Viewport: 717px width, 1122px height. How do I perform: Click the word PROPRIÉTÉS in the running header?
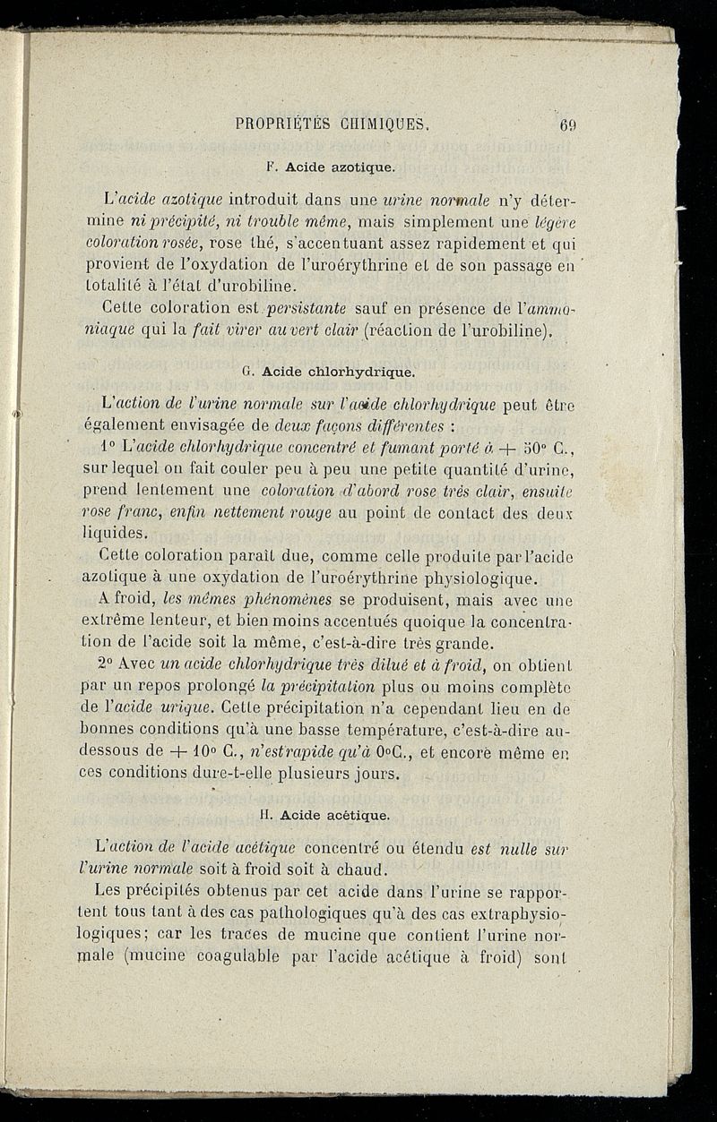(x=279, y=124)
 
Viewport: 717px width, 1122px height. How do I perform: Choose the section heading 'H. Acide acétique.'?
(x=324, y=816)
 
